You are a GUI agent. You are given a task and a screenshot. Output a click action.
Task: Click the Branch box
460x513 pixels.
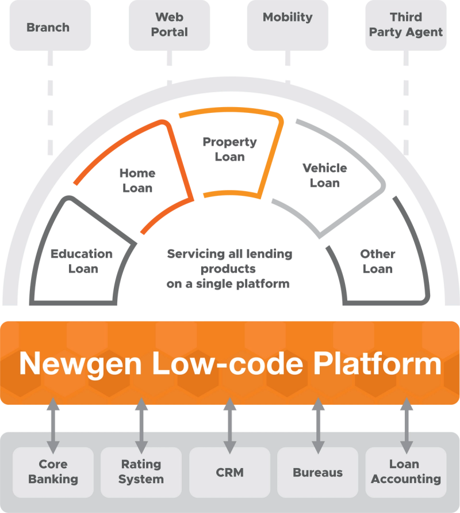click(48, 27)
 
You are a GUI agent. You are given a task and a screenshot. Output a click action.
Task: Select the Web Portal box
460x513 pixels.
click(169, 25)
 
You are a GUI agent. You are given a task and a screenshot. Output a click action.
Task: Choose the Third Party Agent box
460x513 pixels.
click(406, 25)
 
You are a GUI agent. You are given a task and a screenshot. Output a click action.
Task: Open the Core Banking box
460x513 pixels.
click(53, 472)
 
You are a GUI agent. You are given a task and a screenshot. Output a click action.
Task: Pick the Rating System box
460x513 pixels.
click(141, 472)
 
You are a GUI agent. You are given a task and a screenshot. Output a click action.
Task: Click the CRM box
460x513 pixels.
click(230, 472)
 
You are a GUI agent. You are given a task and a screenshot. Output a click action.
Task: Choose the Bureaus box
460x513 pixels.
click(318, 472)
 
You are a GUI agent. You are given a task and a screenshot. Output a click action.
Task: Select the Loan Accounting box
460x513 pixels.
click(406, 472)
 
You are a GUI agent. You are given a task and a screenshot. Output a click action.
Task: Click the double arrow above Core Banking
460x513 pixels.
click(53, 426)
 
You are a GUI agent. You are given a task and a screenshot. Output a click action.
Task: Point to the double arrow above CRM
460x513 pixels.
click(230, 426)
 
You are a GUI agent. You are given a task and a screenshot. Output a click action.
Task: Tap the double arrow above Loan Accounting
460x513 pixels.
click(407, 426)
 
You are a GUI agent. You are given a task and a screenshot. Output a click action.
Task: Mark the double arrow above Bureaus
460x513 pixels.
click(318, 426)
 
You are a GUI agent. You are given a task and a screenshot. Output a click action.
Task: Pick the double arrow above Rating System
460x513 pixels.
click(141, 426)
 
